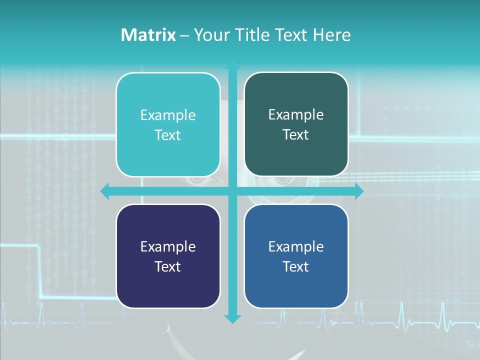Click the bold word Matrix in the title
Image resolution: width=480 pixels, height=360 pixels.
tap(148, 35)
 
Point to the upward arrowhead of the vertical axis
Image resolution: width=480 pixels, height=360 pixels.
tap(232, 66)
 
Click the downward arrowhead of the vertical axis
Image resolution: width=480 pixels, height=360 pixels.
tap(232, 318)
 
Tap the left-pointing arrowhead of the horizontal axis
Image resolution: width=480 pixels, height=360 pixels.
tap(105, 191)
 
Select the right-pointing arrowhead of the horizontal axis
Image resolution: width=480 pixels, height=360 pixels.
tap(359, 191)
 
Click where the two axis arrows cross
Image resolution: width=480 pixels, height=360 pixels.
tap(232, 191)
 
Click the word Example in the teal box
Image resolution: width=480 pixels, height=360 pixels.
tap(168, 115)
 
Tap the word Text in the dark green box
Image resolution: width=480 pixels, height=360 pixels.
tap(296, 135)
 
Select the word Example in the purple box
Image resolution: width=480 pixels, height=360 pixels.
tap(168, 247)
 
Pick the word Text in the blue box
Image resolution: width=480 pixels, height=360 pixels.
tap(296, 266)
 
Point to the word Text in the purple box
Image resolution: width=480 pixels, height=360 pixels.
tap(168, 266)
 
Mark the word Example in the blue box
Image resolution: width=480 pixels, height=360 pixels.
tap(296, 247)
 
